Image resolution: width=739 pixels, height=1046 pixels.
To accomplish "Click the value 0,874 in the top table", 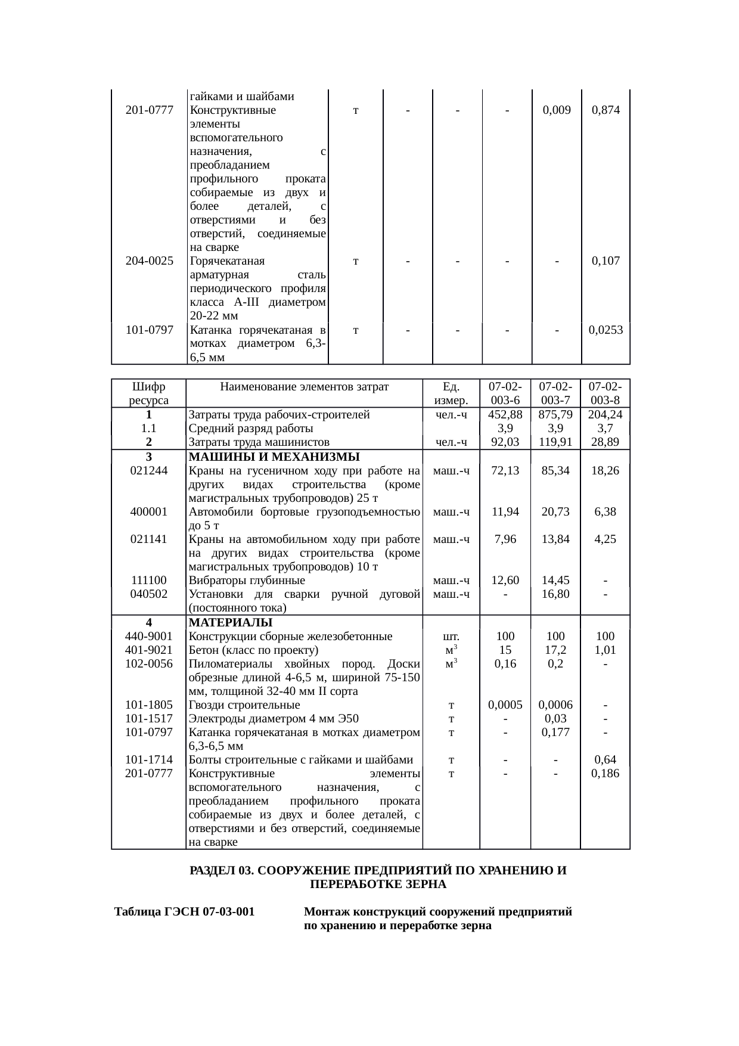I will click(606, 110).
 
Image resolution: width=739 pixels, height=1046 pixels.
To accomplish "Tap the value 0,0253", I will click(606, 330).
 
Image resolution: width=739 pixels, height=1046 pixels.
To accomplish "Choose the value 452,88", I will click(505, 415).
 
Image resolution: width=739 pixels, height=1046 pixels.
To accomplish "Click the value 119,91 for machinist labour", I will click(555, 442).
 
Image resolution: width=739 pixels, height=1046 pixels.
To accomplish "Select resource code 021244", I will click(148, 470).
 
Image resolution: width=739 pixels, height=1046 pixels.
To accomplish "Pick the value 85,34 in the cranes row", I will click(555, 470).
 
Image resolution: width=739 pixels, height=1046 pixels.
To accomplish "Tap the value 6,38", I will click(606, 511).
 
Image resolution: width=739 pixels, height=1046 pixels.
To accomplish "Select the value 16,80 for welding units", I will click(555, 594).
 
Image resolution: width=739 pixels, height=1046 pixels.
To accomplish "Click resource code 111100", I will click(148, 581).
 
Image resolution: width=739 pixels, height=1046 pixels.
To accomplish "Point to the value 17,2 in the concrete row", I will click(555, 650).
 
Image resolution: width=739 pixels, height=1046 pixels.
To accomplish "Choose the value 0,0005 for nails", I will click(505, 705).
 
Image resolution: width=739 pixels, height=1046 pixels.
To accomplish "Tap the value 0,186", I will click(606, 774).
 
